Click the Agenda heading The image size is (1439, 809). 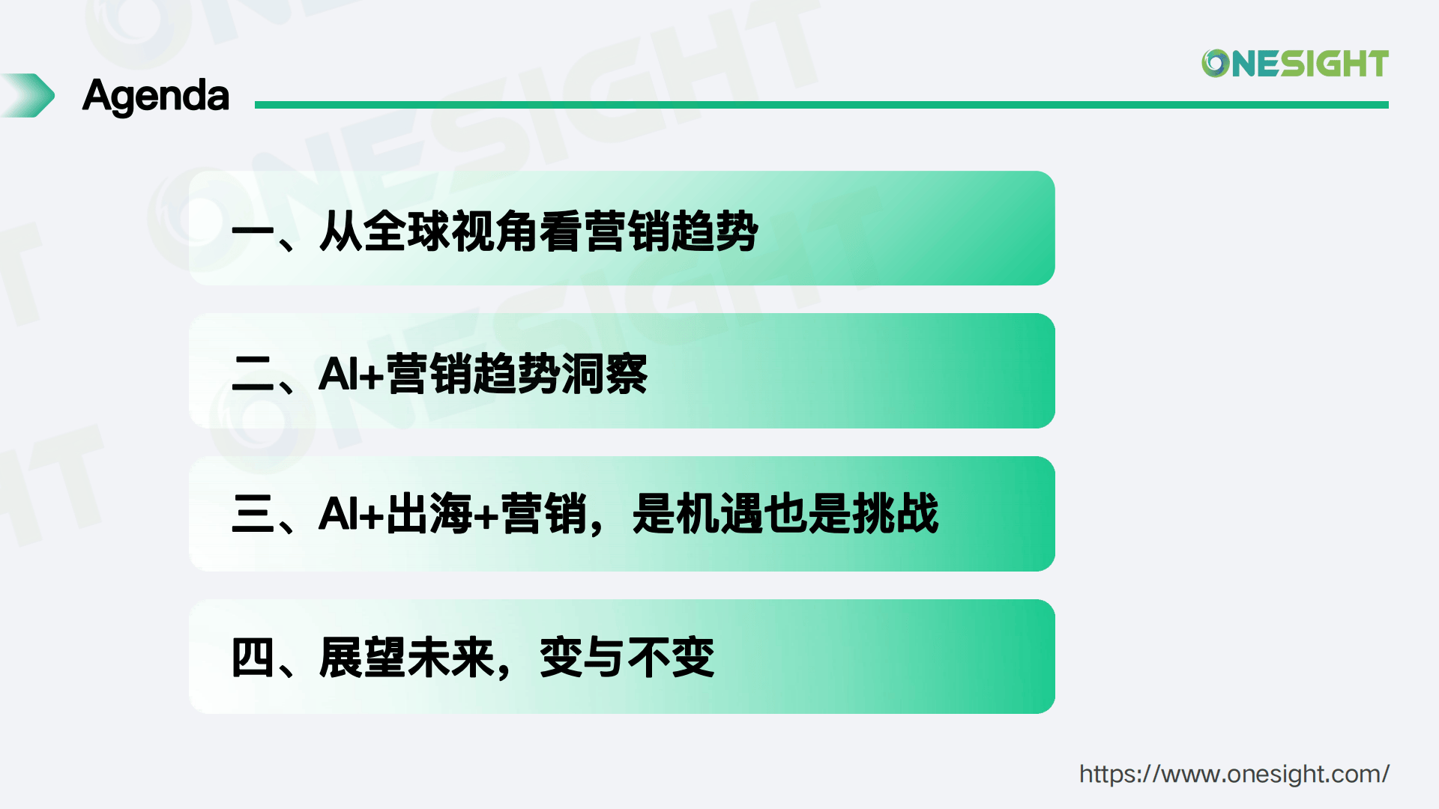tap(156, 96)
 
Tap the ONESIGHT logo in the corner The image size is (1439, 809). tap(1295, 64)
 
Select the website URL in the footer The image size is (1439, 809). tap(1234, 774)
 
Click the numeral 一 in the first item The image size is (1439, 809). tap(253, 231)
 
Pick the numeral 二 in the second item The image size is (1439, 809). tap(253, 373)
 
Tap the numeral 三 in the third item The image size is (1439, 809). tap(253, 514)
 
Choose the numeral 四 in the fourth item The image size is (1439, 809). tap(253, 658)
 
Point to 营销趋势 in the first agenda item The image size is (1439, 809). tap(672, 231)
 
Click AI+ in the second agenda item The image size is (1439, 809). tap(351, 373)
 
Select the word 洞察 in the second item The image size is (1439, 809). tap(605, 373)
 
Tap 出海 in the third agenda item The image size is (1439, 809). tap(430, 514)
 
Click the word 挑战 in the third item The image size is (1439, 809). tap(895, 514)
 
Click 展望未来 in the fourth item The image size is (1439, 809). tap(407, 658)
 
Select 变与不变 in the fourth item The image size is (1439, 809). tap(627, 658)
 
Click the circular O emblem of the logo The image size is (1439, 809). tap(1215, 64)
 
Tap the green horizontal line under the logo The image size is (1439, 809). tap(821, 105)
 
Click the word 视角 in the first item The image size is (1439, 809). tap(495, 231)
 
